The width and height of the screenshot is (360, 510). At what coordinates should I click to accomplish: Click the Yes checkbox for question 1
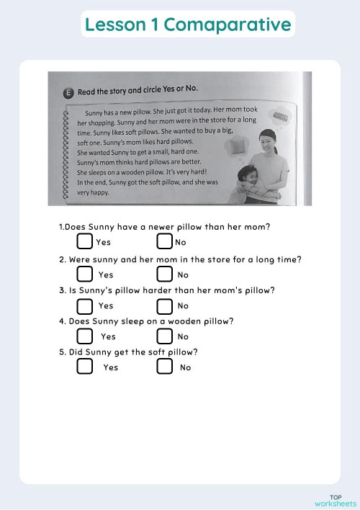pyautogui.click(x=85, y=241)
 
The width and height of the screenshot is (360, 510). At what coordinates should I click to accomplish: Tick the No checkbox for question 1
pyautogui.click(x=165, y=241)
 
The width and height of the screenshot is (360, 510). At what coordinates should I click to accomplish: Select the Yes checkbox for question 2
pyautogui.click(x=85, y=274)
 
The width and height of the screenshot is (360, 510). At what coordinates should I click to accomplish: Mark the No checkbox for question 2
pyautogui.click(x=165, y=274)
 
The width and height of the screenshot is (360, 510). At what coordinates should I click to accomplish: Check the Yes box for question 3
pyautogui.click(x=85, y=305)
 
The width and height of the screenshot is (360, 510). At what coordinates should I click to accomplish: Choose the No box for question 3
pyautogui.click(x=165, y=305)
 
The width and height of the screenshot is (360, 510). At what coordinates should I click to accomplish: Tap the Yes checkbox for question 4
pyautogui.click(x=85, y=336)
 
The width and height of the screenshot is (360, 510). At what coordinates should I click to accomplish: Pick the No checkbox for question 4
pyautogui.click(x=165, y=336)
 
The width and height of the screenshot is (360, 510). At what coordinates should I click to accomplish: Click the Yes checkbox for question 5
pyautogui.click(x=85, y=367)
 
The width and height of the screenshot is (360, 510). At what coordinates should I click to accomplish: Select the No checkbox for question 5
pyautogui.click(x=165, y=367)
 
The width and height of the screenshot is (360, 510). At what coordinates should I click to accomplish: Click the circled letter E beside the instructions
pyautogui.click(x=68, y=92)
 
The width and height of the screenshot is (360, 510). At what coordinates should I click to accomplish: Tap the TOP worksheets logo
pyautogui.click(x=335, y=500)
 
